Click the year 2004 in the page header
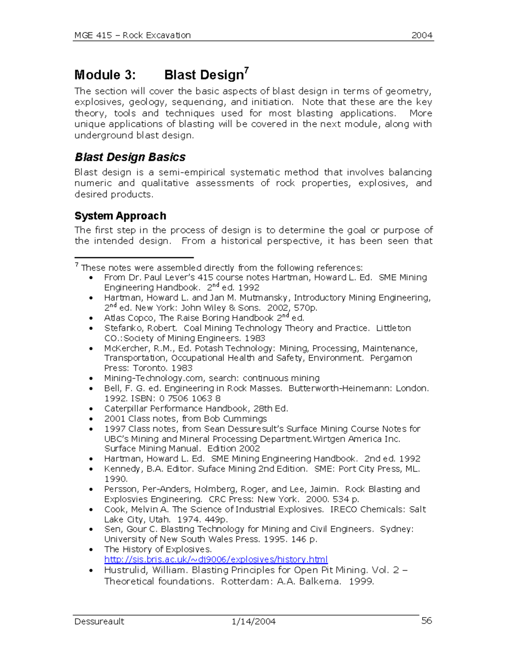coord(422,35)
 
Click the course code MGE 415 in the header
coord(93,35)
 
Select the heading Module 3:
coord(105,75)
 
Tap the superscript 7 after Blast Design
coord(247,70)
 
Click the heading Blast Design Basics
coord(130,157)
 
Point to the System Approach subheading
coord(120,216)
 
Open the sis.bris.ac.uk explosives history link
coord(216,560)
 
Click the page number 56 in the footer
coord(426,621)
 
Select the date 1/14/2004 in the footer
coord(253,621)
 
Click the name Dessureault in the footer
coord(99,621)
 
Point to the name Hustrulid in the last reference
coord(125,570)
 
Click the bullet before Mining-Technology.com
coord(91,379)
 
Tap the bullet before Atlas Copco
coord(91,318)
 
